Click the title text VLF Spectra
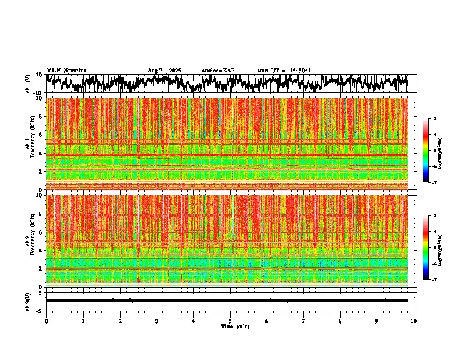(66, 70)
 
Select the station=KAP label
(218, 71)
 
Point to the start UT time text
(284, 71)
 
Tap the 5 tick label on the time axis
(230, 321)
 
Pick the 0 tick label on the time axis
(46, 321)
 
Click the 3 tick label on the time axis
(157, 321)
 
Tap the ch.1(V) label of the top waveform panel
(28, 84)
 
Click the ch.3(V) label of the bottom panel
(28, 301)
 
